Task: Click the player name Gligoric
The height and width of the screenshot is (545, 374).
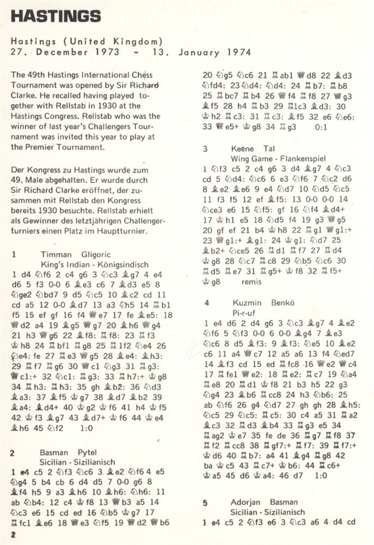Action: pyautogui.click(x=96, y=253)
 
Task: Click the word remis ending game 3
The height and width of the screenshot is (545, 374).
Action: pyautogui.click(x=252, y=282)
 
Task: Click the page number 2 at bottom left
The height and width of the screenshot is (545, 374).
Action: pyautogui.click(x=13, y=535)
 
